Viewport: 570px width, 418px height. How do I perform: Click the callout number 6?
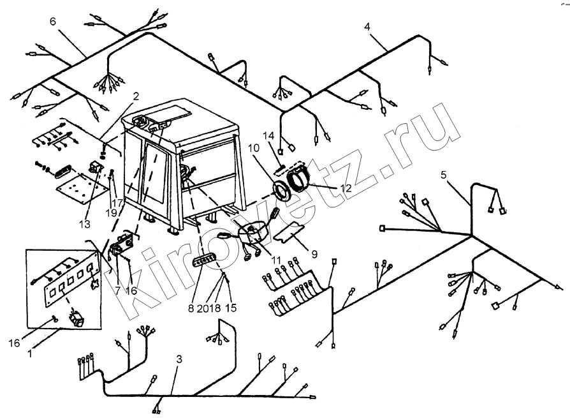[x=53, y=22]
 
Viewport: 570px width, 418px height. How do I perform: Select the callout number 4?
[x=367, y=27]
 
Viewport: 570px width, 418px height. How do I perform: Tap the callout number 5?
[x=443, y=175]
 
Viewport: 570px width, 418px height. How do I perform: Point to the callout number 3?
[x=179, y=360]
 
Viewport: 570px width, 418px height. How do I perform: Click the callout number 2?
[x=136, y=96]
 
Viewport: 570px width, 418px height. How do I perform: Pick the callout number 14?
[x=268, y=137]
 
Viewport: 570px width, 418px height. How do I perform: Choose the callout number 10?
[x=254, y=148]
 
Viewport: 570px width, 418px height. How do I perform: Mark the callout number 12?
[x=346, y=188]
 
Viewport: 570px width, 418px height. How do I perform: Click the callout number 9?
[x=314, y=253]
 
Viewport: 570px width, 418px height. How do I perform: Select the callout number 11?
[x=276, y=260]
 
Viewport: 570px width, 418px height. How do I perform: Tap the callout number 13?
[x=84, y=224]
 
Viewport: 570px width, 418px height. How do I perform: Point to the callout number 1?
[x=30, y=353]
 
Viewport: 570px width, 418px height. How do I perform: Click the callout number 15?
[x=230, y=308]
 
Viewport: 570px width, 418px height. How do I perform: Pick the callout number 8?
[x=191, y=308]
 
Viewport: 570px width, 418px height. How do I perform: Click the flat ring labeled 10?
[x=281, y=190]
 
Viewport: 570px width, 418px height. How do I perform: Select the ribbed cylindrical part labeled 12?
[x=298, y=180]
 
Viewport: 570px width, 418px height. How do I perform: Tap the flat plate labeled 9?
[x=289, y=232]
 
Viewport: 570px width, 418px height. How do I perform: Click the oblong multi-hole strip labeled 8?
[x=204, y=260]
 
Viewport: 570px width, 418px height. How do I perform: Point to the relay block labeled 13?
[x=95, y=168]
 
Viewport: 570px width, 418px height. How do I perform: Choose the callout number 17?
[x=117, y=202]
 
